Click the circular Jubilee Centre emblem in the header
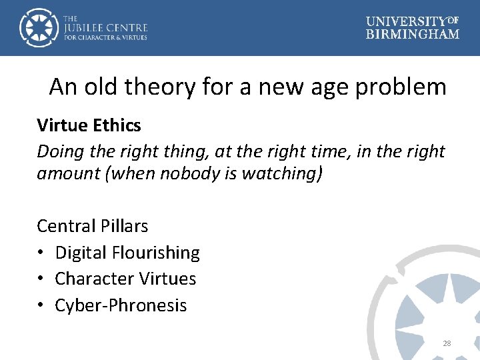[39, 27]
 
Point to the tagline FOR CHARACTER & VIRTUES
[105, 37]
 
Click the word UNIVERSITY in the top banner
[405, 21]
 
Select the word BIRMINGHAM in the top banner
[413, 34]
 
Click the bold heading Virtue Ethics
[89, 125]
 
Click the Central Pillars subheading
[92, 226]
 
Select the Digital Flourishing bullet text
[127, 253]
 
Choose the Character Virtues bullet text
[125, 279]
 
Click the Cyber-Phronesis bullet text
[121, 305]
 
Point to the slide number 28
[447, 343]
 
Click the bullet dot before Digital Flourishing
[41, 253]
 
